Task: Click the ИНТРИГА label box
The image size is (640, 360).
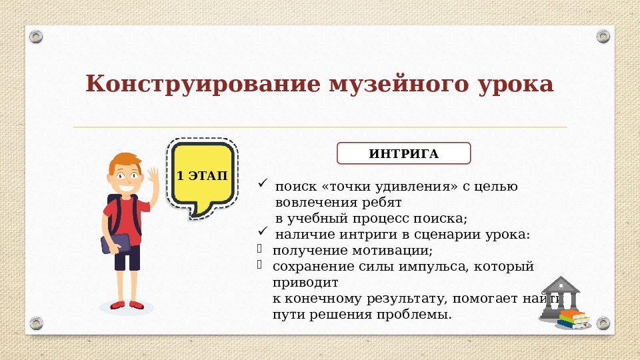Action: [403, 154]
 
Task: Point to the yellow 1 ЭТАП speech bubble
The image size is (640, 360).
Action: [201, 176]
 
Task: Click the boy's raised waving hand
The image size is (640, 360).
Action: [153, 177]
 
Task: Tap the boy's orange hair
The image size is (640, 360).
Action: [125, 160]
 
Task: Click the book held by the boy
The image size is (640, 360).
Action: [113, 244]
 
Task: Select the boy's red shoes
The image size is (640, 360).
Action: [127, 305]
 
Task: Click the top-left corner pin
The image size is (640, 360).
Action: [37, 36]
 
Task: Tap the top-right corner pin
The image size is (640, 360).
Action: [603, 36]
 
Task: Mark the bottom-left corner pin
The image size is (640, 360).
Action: [37, 323]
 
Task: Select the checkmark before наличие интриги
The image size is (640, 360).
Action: [263, 232]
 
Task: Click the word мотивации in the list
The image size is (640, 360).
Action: [397, 251]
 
